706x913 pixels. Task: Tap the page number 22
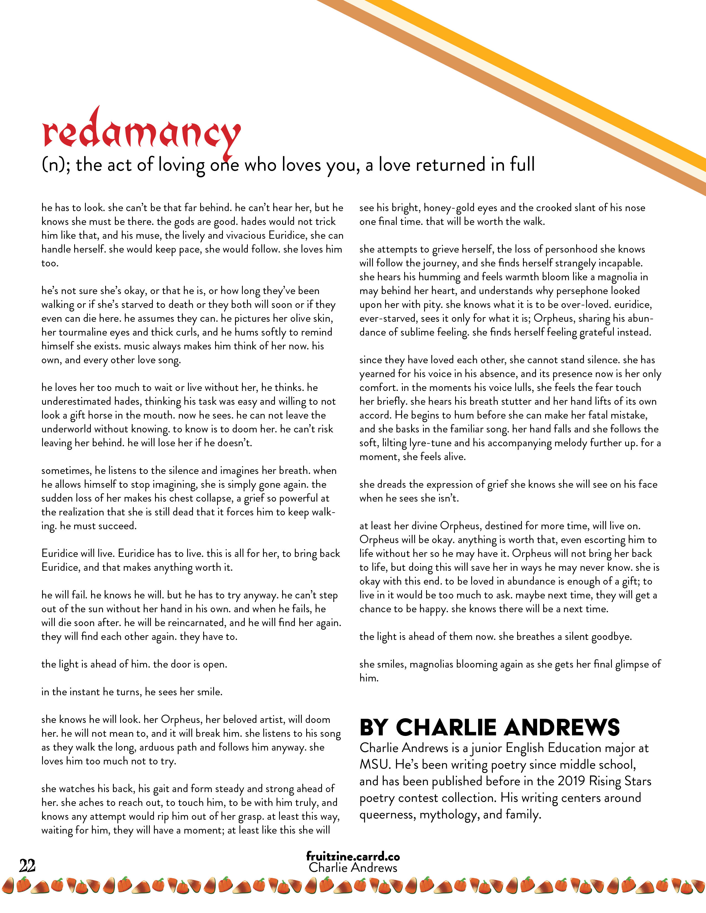point(27,865)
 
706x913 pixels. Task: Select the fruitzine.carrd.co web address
point(352,856)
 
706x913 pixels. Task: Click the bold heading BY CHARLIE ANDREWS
point(489,727)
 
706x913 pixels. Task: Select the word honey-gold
point(449,208)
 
